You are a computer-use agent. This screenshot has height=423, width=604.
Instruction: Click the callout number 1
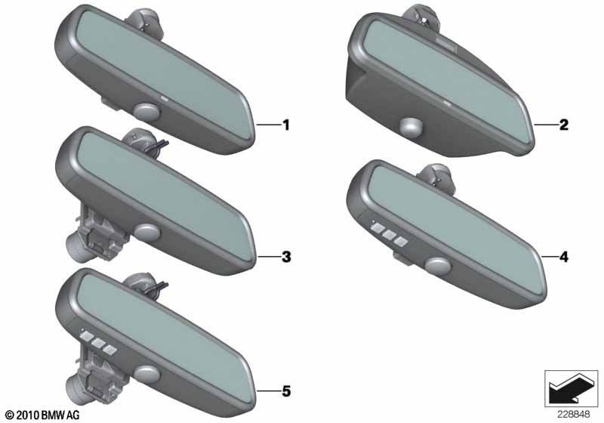point(286,125)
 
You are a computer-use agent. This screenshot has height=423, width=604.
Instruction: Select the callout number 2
point(563,125)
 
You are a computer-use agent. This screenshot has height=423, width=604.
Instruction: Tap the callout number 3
point(286,257)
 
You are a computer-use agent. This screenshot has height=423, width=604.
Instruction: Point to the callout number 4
point(563,257)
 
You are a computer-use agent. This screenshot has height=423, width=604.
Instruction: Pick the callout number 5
point(286,391)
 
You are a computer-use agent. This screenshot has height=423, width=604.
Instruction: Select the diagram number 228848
point(573,415)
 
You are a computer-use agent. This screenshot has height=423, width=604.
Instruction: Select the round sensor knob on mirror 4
point(438,266)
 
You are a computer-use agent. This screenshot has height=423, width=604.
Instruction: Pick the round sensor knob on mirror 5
point(146,375)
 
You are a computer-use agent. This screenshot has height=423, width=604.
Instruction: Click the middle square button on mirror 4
point(389,235)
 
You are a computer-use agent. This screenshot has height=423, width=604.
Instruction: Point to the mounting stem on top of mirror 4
point(437,177)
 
